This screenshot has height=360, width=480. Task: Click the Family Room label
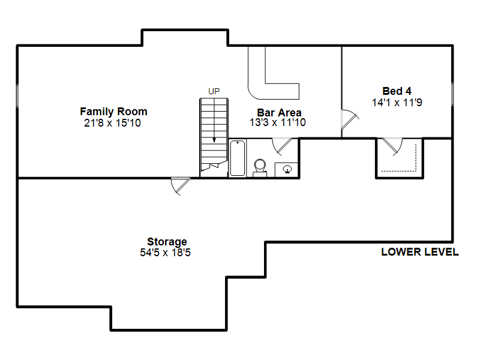coord(113,112)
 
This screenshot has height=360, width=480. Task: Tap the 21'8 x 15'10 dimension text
coord(112,123)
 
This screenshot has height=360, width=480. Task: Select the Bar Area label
coord(279,112)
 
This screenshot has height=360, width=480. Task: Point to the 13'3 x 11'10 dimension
coord(277,122)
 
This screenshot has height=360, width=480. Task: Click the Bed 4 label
coord(397,91)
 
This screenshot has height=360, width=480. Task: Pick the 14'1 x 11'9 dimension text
coord(397,103)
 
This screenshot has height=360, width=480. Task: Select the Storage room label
coord(167,242)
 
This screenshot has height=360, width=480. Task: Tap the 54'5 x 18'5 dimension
coord(166,253)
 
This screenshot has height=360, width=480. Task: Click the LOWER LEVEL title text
coord(420,252)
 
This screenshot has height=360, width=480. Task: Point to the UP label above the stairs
coord(214,91)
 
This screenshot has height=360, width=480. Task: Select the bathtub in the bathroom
coord(238,158)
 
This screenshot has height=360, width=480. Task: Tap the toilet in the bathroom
coord(260,168)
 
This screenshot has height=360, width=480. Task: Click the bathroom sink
coord(287,169)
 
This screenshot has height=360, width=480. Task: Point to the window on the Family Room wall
coord(17,96)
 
